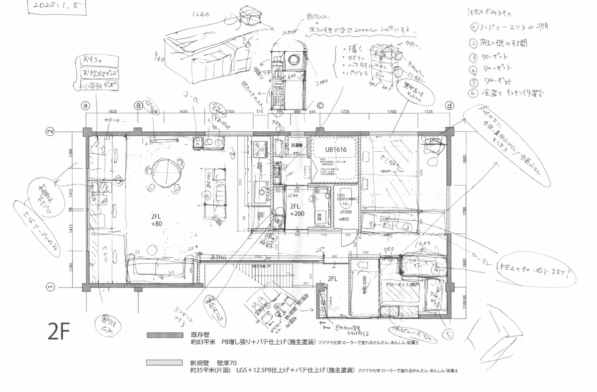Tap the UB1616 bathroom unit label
point(336,149)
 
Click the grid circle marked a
point(86,105)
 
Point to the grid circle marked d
point(449,105)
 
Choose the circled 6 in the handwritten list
point(474,93)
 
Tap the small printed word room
point(387,170)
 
